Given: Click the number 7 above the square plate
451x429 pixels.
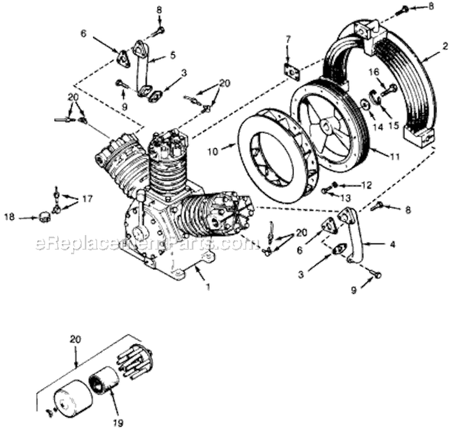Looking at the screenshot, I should coord(288,40).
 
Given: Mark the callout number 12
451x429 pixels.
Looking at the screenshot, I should coord(367,184).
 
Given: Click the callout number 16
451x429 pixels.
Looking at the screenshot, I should coord(373,71).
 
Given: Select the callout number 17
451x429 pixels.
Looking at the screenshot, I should coord(88,198).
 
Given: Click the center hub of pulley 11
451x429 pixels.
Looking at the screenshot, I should coord(328,127).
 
